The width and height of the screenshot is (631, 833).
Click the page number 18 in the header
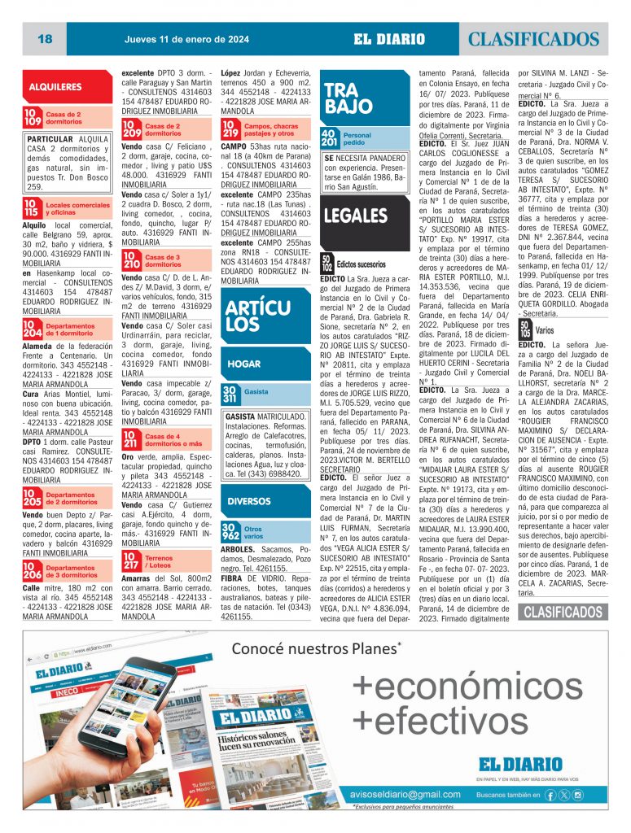pyautogui.click(x=45, y=39)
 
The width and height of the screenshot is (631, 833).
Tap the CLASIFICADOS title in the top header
pyautogui.click(x=533, y=39)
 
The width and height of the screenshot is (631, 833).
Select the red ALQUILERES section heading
pyautogui.click(x=55, y=86)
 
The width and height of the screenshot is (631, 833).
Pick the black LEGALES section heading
pyautogui.click(x=355, y=216)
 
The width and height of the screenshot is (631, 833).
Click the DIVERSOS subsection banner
pyautogui.click(x=249, y=500)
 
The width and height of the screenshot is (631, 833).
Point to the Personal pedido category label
pyautogui.click(x=357, y=138)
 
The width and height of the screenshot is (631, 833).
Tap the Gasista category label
pyautogui.click(x=256, y=392)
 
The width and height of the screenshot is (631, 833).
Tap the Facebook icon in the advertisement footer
pyautogui.click(x=551, y=794)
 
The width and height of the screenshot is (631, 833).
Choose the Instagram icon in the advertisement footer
pyautogui.click(x=577, y=794)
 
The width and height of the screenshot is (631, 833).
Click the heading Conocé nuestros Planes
pyautogui.click(x=316, y=648)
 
